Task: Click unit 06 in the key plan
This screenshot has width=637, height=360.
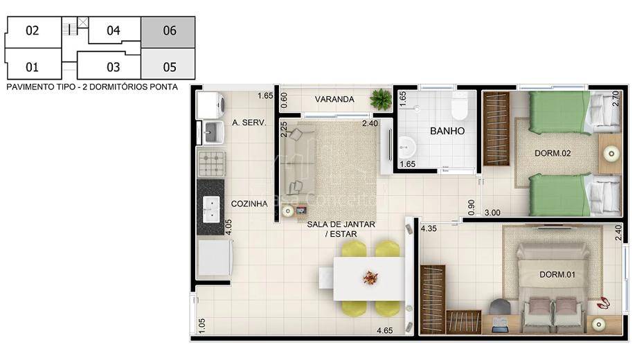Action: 168,32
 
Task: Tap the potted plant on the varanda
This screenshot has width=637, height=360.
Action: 381,99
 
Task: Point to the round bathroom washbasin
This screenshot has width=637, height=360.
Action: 406,146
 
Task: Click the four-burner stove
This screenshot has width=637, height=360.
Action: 211,164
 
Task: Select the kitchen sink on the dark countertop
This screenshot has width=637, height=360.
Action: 211,209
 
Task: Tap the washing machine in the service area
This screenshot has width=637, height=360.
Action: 210,105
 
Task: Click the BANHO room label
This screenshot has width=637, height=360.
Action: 447,131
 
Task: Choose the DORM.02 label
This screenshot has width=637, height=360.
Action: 553,153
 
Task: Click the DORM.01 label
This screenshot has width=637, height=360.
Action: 557,275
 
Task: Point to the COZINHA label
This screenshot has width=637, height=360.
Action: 249,204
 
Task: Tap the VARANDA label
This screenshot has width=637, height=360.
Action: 334,99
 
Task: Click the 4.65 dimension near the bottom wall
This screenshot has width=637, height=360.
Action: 384,330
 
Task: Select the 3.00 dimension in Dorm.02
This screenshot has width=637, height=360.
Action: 492,213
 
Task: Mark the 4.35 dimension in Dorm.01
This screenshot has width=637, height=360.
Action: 429,228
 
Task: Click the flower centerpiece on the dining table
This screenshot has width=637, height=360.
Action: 370,278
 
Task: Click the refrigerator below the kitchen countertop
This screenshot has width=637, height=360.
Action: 215,258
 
